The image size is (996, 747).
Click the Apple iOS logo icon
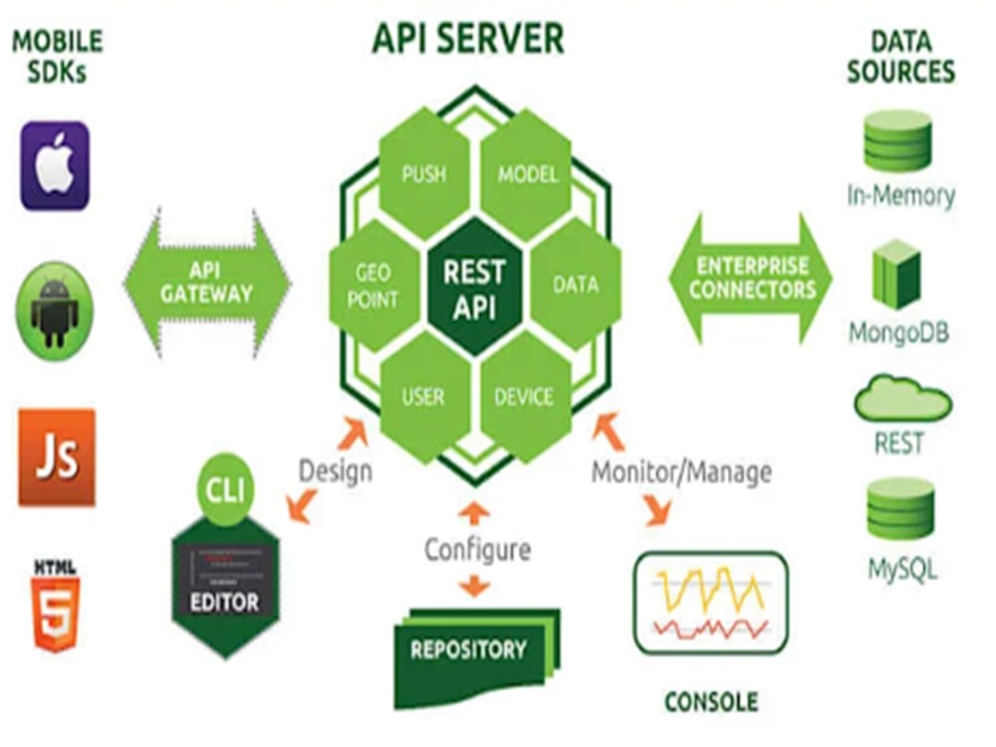tap(55, 165)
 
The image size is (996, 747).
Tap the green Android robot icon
tap(55, 311)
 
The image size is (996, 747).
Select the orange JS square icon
tap(57, 457)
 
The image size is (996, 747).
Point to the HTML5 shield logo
tap(56, 606)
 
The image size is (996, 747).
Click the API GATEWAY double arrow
tap(206, 282)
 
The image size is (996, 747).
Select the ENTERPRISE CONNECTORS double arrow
tap(751, 278)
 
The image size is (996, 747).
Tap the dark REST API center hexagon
tap(474, 287)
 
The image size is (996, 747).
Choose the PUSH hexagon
tap(424, 174)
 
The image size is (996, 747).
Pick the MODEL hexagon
tap(527, 174)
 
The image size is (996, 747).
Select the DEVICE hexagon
tap(525, 397)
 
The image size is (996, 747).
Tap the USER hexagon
tap(424, 397)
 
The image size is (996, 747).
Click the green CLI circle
tap(225, 488)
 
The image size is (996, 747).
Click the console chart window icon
tap(711, 603)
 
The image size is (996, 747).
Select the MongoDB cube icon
tap(896, 275)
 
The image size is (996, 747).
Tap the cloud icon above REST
tap(902, 400)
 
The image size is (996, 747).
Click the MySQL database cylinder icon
tap(900, 509)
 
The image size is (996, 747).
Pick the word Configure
tap(477, 550)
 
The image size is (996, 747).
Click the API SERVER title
tap(467, 38)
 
